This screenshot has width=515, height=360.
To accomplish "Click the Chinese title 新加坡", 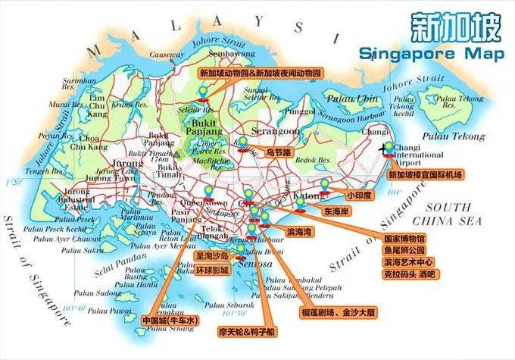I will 454,29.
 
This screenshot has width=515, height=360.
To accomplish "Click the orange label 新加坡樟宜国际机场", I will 424,174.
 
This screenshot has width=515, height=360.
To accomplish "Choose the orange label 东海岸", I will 336,210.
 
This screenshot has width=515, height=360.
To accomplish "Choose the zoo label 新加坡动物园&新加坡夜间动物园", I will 260,74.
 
